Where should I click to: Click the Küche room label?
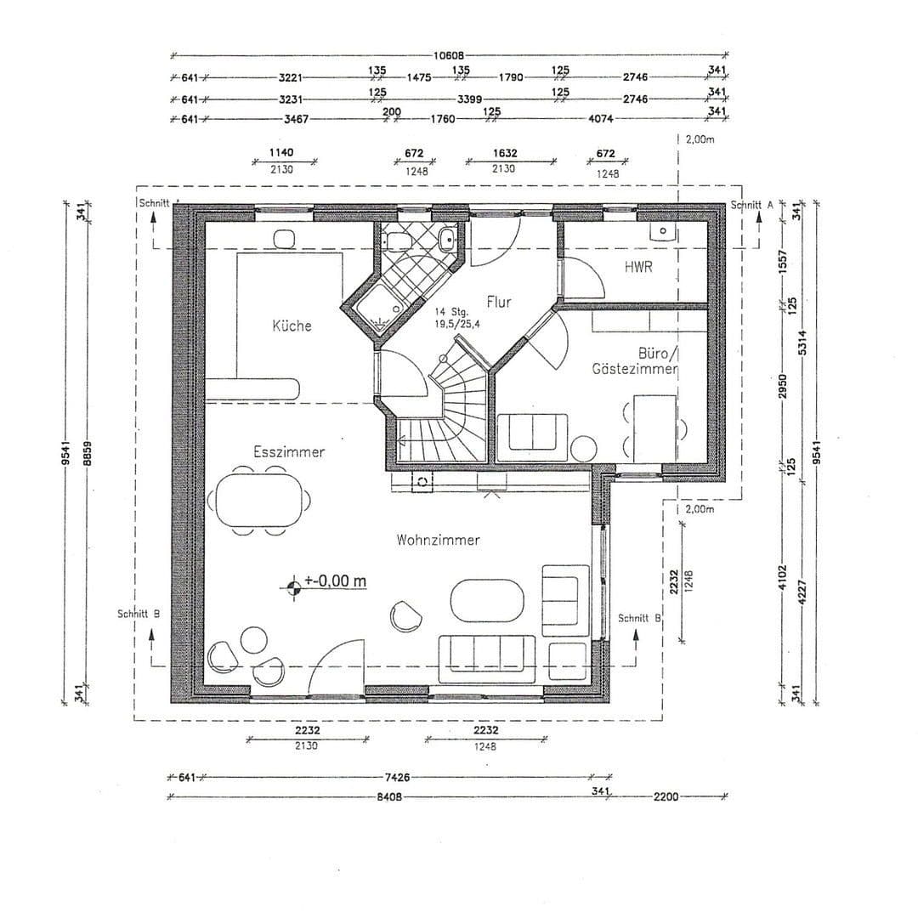292,326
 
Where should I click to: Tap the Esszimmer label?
289,452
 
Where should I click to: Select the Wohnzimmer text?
438,540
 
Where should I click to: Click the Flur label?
499,303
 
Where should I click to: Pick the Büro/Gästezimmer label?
635,361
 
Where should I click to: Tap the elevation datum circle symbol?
294,585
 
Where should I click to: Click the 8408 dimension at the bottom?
388,797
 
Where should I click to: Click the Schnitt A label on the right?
751,205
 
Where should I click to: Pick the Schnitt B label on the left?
139,613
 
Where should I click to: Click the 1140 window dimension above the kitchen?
281,153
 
